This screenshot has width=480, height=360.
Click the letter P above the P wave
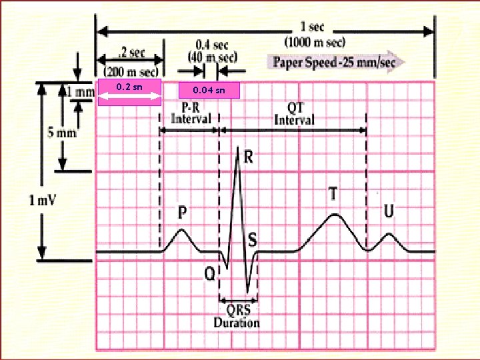(x=181, y=213)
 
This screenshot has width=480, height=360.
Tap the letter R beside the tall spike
(x=248, y=157)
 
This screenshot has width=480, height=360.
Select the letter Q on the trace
(x=209, y=273)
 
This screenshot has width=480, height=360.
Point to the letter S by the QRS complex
(x=253, y=239)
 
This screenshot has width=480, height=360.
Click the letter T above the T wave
(x=333, y=194)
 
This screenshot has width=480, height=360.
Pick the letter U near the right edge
(x=389, y=211)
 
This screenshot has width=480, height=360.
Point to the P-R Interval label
(x=191, y=114)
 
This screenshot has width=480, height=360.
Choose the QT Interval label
(x=294, y=114)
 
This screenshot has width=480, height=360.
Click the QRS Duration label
(x=237, y=317)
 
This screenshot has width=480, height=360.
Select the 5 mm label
(x=61, y=132)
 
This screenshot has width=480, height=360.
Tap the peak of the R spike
(x=237, y=147)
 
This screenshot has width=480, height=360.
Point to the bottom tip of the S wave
(x=248, y=291)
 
